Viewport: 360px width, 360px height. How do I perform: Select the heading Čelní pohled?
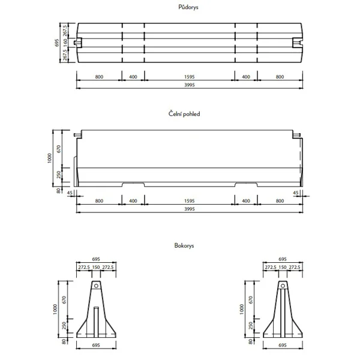[x=185, y=113]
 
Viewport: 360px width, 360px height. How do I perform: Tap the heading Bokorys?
[x=185, y=245]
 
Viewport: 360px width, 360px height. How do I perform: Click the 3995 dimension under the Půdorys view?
[x=190, y=85]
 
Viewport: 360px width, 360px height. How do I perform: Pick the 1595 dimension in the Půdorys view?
[x=190, y=77]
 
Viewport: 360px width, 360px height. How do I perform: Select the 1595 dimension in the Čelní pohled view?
[x=190, y=200]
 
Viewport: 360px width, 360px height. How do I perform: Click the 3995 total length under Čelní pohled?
[x=190, y=209]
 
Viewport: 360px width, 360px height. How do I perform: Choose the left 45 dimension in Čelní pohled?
[x=70, y=193]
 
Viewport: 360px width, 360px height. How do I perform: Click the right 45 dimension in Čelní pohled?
[x=295, y=193]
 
